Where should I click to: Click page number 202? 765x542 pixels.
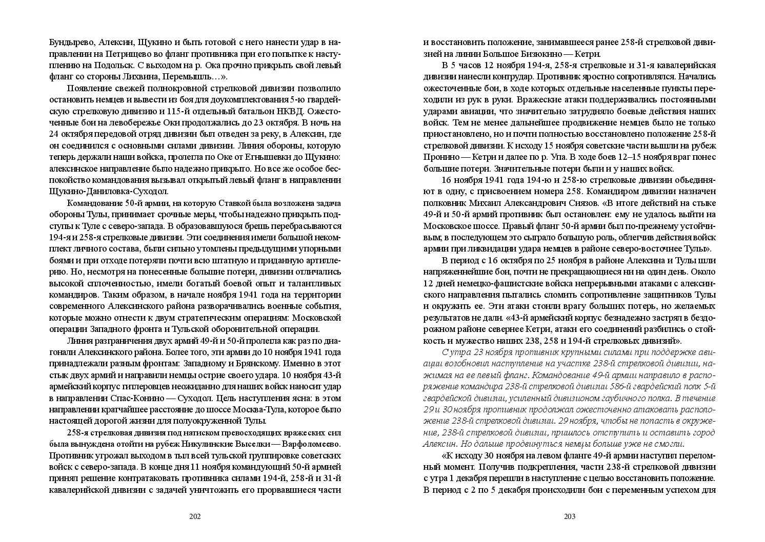pyautogui.click(x=195, y=516)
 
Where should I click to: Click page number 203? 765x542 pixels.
pyautogui.click(x=570, y=516)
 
